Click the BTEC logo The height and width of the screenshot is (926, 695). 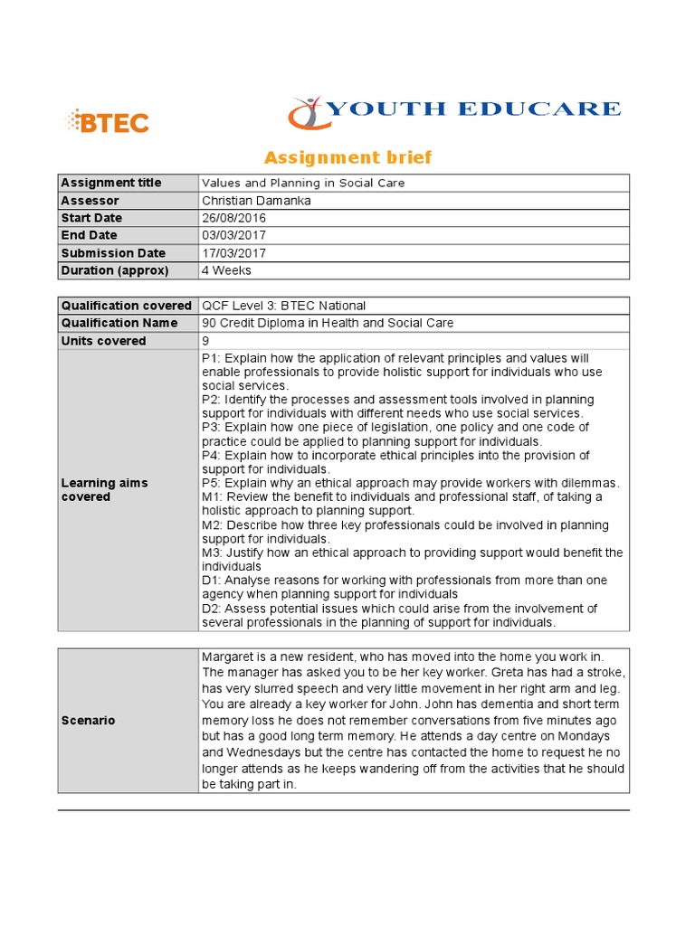(107, 121)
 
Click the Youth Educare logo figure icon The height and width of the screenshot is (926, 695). (307, 113)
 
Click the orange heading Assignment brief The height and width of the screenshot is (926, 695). (347, 158)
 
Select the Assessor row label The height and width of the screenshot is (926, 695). (90, 201)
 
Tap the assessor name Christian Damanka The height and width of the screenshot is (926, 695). (256, 201)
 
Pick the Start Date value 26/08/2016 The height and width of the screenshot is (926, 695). (234, 218)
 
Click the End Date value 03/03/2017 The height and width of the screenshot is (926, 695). (234, 235)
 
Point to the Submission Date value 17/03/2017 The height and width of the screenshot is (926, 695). (234, 253)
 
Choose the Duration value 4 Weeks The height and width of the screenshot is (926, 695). (227, 270)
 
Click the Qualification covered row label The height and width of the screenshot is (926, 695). (126, 306)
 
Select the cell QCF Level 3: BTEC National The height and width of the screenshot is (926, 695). (283, 306)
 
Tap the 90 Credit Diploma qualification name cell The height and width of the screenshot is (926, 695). (328, 323)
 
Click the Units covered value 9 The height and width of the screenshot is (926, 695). (206, 341)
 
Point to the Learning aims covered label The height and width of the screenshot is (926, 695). (104, 489)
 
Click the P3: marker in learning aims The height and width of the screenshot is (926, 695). (212, 427)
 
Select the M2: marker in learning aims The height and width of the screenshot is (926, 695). (214, 525)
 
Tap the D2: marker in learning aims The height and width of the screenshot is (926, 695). (213, 609)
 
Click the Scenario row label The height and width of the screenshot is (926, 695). (88, 721)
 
